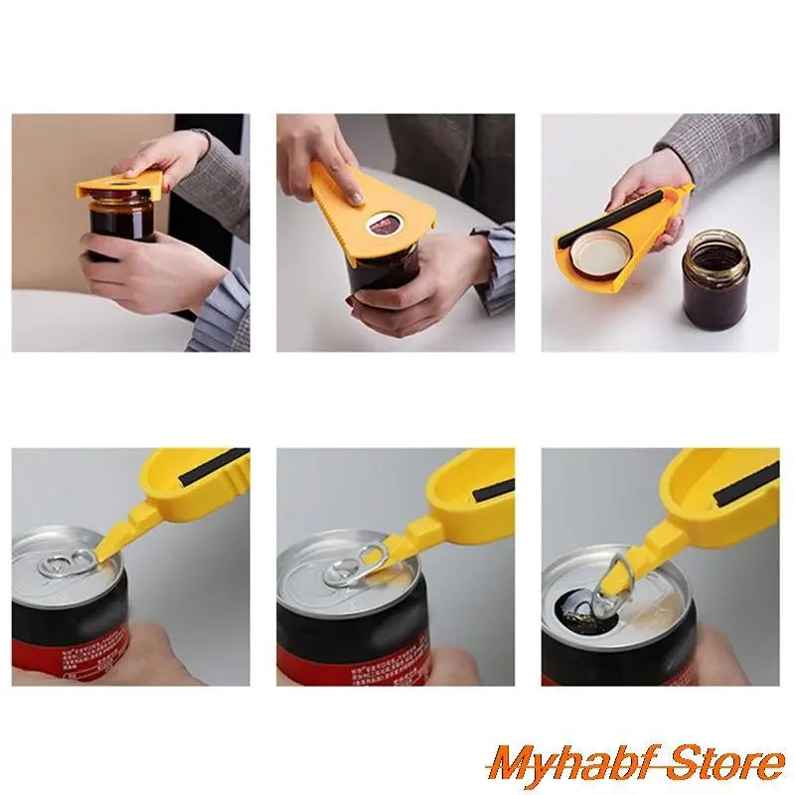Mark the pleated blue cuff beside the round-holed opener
point(494,263)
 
